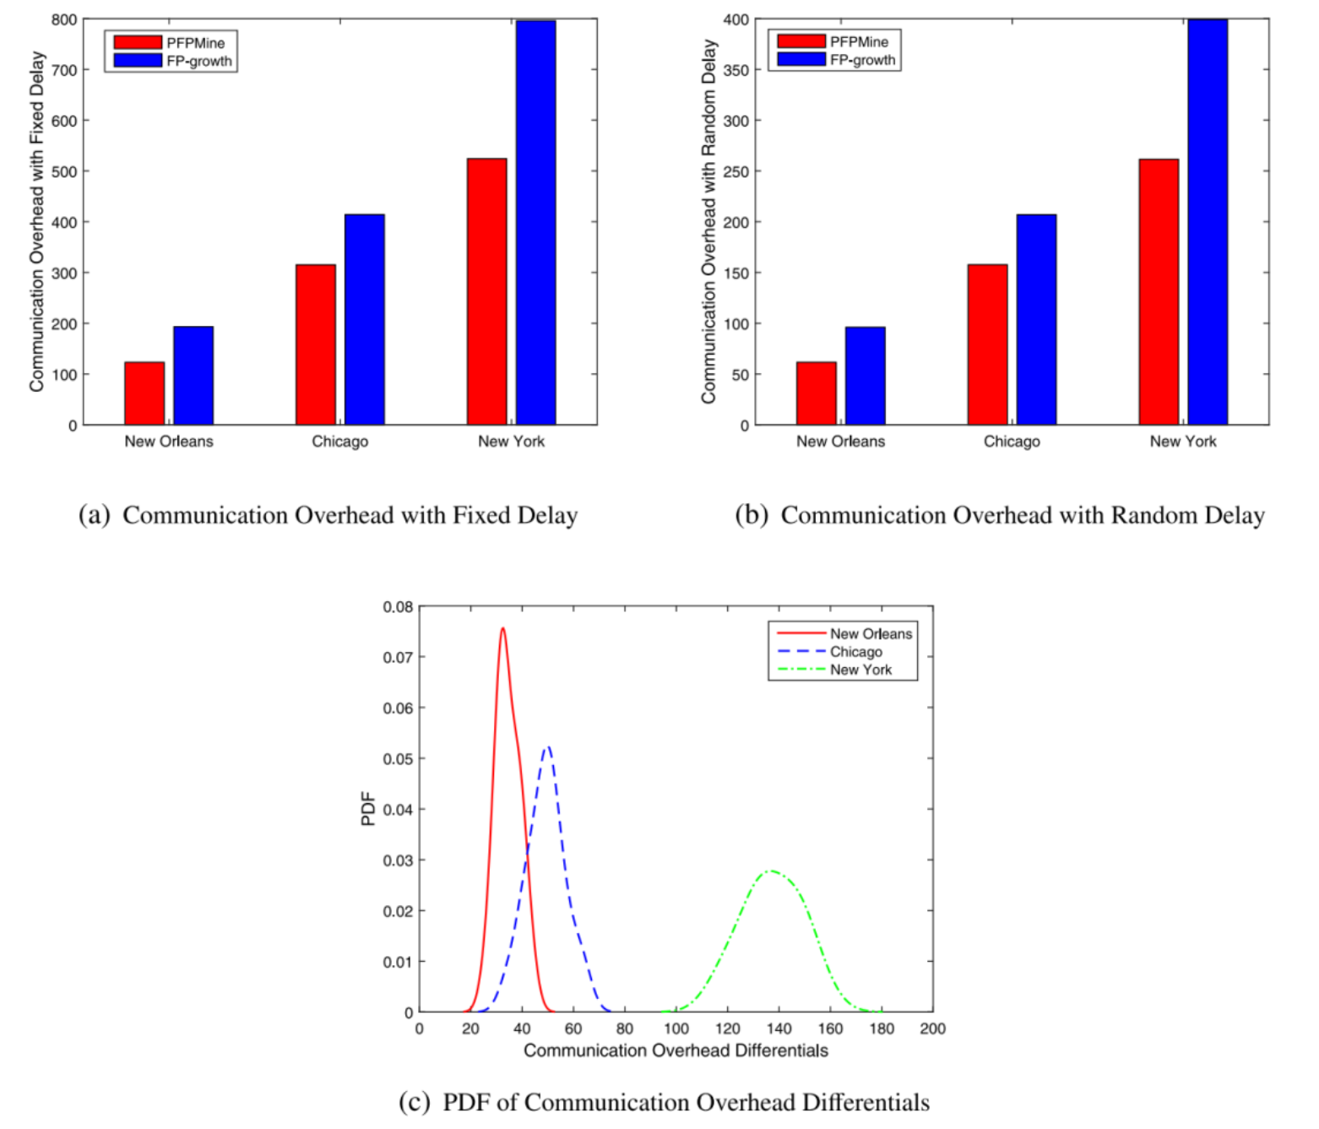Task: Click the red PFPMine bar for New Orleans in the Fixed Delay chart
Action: coord(144,394)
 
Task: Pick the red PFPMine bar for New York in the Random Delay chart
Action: coord(1159,291)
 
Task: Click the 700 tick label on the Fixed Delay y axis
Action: coord(64,70)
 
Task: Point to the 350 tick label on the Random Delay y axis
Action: coord(735,70)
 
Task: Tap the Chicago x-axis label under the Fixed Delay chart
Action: coord(339,441)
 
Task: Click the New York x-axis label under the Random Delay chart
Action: coord(1183,441)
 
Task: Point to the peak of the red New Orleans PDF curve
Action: coord(502,628)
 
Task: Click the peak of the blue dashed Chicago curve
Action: coord(548,747)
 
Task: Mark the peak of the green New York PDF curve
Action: coord(771,871)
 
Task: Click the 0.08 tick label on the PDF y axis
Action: coord(398,606)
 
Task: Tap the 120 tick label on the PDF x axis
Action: coord(727,1029)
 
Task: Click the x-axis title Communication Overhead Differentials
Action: coord(676,1050)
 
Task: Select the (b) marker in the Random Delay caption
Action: coord(751,515)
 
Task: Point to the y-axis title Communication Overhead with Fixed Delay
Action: coord(36,221)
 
